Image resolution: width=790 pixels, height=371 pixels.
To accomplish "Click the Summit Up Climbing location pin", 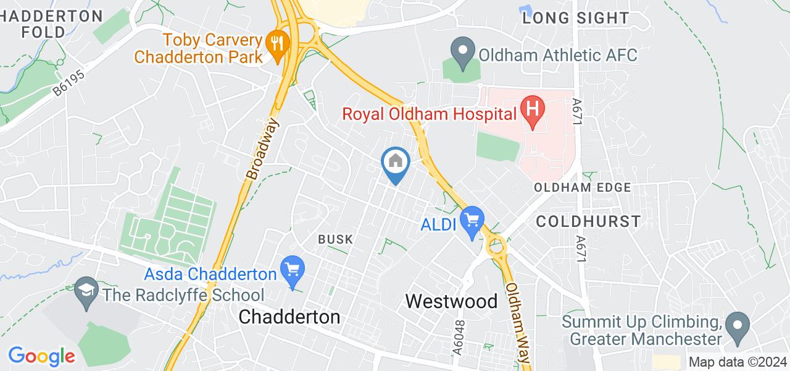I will point(736,323).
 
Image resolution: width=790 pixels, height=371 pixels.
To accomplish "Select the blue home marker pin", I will point(395,162).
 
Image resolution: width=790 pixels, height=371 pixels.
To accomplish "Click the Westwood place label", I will point(452,301).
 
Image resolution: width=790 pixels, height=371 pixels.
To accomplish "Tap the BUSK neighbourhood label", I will point(335,239).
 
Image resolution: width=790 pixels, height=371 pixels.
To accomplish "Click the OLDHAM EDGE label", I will point(583,187).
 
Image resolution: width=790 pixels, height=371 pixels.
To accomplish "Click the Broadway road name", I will point(262,148).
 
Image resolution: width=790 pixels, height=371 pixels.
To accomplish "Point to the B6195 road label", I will point(68,82).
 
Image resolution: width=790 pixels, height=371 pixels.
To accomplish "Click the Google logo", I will point(41,356).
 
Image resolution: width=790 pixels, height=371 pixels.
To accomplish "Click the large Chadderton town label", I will point(289,317).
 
